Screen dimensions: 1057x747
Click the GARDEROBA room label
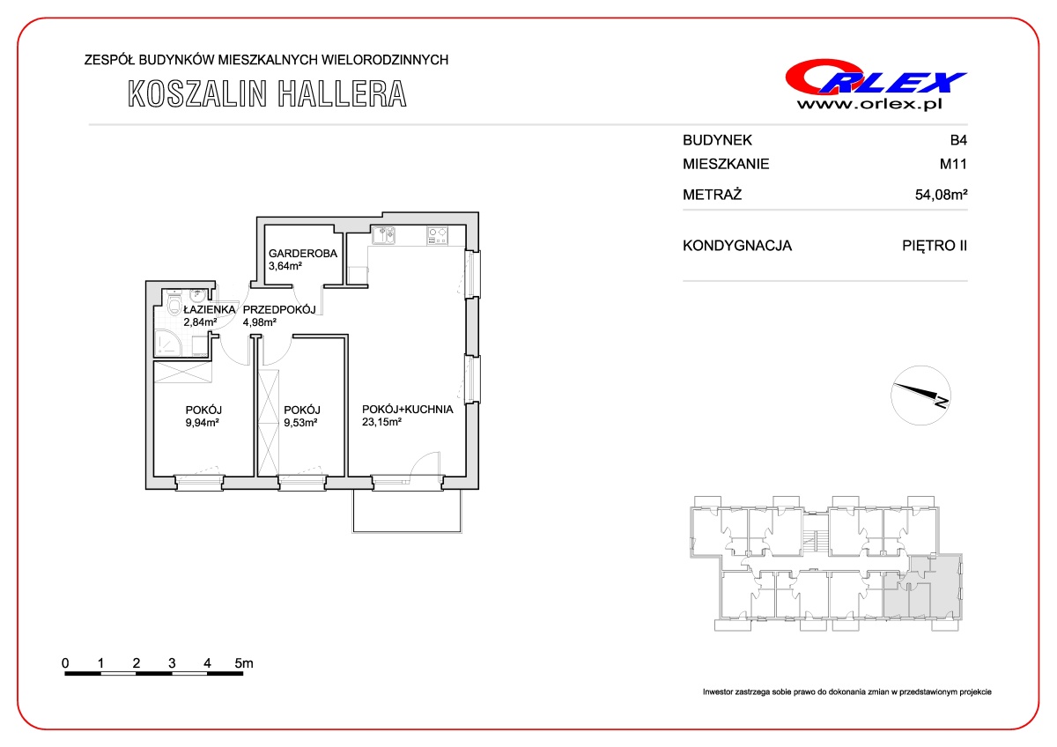click(x=303, y=254)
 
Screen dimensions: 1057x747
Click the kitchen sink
click(x=383, y=235)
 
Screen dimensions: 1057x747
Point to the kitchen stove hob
click(x=437, y=235)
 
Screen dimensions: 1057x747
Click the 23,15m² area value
click(x=381, y=422)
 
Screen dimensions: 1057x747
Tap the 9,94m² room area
click(x=202, y=422)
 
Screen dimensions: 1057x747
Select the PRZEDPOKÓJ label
click(x=279, y=309)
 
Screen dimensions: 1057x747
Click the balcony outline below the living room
click(x=407, y=532)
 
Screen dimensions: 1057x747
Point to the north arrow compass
click(x=920, y=396)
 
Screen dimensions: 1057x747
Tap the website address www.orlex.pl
click(x=869, y=104)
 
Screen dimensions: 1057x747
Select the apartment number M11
click(x=953, y=164)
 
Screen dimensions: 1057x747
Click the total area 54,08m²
click(x=941, y=195)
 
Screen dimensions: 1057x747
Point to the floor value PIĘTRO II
click(x=935, y=246)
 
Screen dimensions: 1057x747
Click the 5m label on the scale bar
click(x=244, y=663)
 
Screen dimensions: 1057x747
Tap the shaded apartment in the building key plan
click(x=922, y=588)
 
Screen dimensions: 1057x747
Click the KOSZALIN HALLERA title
click(x=267, y=94)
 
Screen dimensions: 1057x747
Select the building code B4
click(x=958, y=140)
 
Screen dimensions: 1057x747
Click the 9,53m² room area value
click(x=300, y=422)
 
